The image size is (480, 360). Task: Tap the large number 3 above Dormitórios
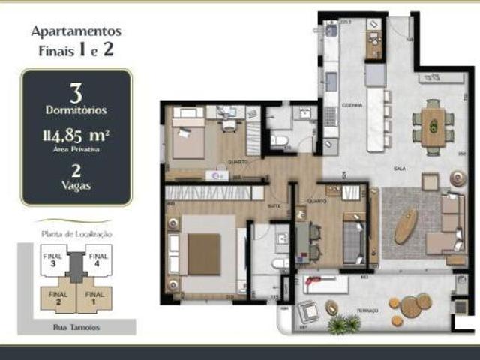76,93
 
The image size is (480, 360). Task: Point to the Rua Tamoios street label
76,326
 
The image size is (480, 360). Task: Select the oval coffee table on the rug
406,225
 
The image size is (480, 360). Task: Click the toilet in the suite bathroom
279,262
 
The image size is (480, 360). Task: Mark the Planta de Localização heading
76,234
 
